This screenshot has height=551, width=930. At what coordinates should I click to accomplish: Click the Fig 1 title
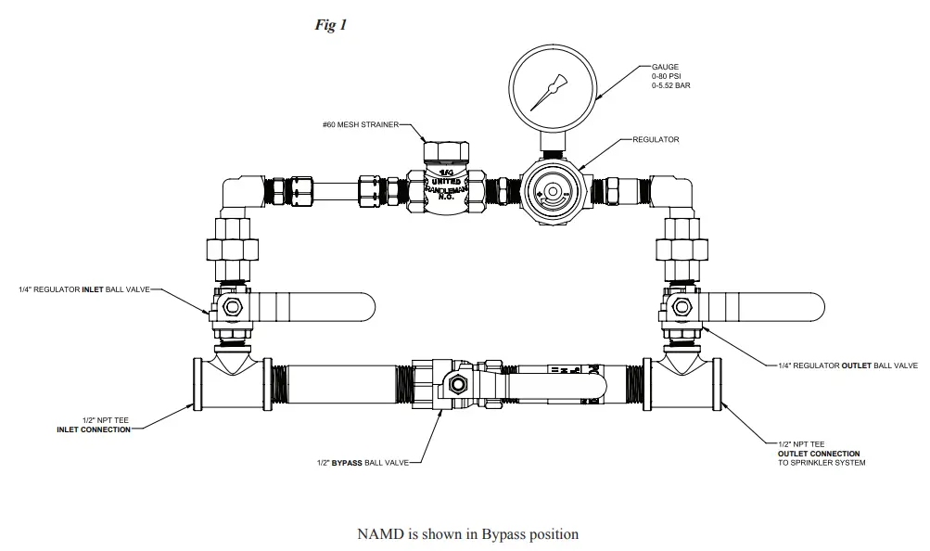(x=331, y=25)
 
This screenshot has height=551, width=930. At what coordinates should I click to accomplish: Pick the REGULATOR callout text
(x=656, y=140)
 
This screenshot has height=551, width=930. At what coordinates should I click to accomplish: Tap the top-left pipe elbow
(x=242, y=195)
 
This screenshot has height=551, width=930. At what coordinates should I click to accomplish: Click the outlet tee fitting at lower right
(x=685, y=381)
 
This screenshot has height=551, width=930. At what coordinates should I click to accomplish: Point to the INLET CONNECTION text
(x=93, y=429)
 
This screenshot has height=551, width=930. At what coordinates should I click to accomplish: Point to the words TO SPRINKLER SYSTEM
(x=822, y=462)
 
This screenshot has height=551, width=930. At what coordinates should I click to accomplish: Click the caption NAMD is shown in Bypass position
(x=467, y=533)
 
